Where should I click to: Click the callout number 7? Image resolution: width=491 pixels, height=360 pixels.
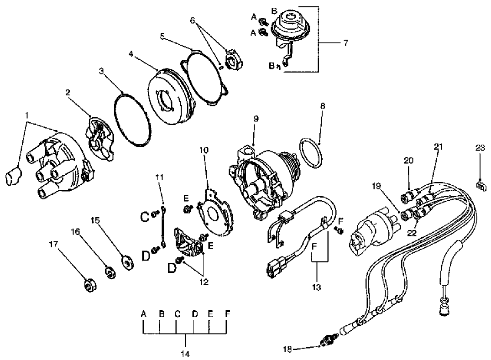point(345,43)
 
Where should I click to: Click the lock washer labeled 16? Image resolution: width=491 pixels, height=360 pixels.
point(110,272)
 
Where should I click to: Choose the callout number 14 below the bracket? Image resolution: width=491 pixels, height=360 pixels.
point(186,353)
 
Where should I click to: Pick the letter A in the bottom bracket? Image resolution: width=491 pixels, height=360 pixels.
point(143,314)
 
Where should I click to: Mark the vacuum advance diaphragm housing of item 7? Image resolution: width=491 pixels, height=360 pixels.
point(289,26)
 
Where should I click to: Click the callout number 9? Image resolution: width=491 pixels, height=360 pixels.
point(256,119)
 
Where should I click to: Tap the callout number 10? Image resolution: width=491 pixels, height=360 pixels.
point(204,150)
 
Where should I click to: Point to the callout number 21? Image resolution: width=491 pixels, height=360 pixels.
point(439,146)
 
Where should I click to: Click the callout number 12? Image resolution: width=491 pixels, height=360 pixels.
point(204,282)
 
